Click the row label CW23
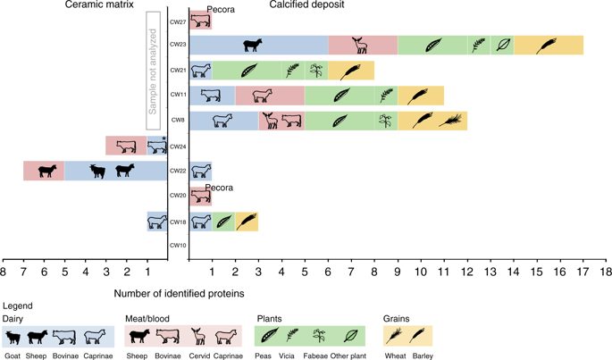click(x=177, y=44)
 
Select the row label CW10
click(x=177, y=245)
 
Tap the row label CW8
click(x=178, y=120)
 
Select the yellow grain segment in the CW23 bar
click(x=548, y=44)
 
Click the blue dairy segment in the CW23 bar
click(x=257, y=44)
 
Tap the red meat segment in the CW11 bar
click(x=269, y=95)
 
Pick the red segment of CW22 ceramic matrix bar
click(x=44, y=171)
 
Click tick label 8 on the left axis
click(x=4, y=269)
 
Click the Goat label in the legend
click(x=14, y=355)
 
